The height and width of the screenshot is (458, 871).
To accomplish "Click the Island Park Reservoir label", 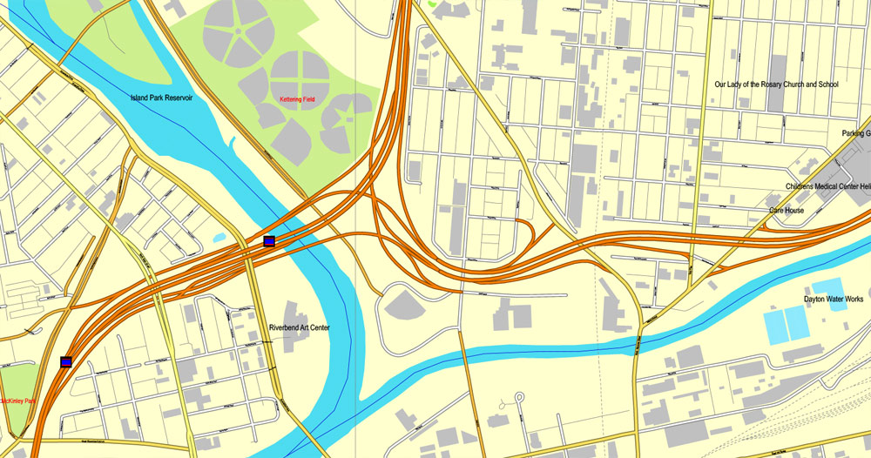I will (x=161, y=98).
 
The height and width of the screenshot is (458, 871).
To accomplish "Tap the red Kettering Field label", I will (x=297, y=100).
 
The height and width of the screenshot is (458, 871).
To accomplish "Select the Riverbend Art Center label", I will (x=299, y=328).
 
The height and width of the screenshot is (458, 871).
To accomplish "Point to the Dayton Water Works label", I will (x=834, y=299).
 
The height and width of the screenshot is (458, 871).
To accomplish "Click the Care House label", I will (x=786, y=211).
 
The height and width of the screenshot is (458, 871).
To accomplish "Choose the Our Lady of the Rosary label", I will (x=776, y=84).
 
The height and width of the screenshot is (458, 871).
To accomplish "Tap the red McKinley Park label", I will (x=17, y=401).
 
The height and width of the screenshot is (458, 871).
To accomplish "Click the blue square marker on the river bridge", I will (x=269, y=240).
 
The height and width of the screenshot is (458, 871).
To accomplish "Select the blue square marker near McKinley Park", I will (x=66, y=361).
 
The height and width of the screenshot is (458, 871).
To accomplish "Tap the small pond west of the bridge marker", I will (x=218, y=238).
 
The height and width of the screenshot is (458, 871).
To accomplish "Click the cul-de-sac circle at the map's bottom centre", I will (x=519, y=398).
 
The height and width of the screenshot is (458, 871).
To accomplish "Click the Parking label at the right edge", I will (x=854, y=133).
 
